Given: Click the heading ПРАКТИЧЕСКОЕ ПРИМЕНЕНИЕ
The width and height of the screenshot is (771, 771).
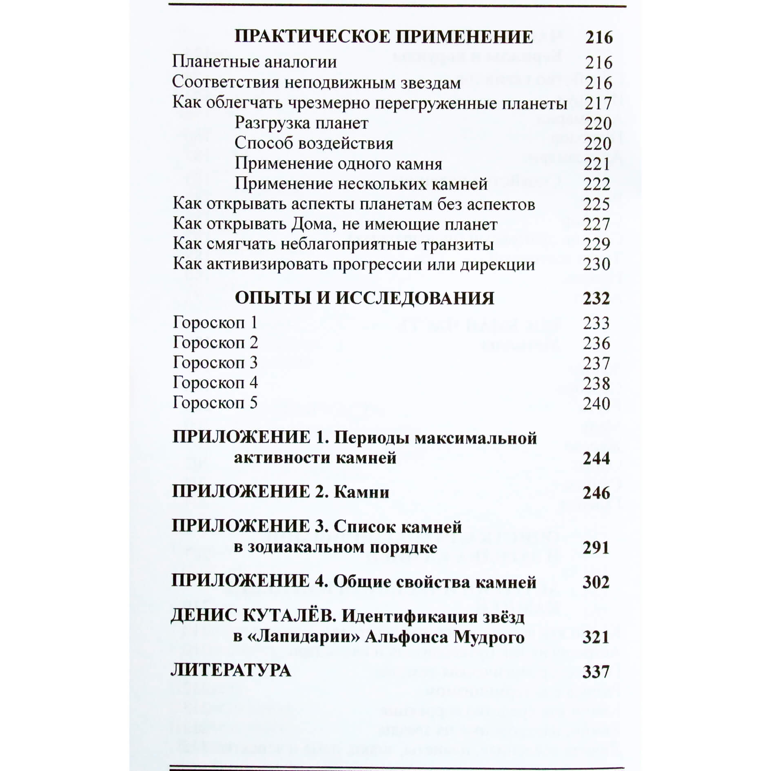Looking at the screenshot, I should [x=383, y=37].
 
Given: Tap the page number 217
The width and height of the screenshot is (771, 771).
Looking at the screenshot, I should [x=598, y=103].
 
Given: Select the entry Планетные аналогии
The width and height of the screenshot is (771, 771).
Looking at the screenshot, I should [x=254, y=62].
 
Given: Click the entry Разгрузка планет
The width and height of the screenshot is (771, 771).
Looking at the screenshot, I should [x=301, y=123].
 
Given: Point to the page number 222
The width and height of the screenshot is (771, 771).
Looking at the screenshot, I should [x=597, y=184].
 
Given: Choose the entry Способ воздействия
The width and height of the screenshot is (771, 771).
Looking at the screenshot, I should [x=314, y=144].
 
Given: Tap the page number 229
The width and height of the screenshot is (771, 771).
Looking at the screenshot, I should [x=596, y=244].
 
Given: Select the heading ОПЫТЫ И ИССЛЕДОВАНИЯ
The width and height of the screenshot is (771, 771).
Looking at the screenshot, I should [x=364, y=299].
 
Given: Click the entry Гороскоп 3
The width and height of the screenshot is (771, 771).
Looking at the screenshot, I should [x=215, y=363].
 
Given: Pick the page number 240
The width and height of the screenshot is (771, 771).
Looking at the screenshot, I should [x=596, y=403].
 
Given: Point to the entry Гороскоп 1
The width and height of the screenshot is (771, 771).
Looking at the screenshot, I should [x=215, y=323].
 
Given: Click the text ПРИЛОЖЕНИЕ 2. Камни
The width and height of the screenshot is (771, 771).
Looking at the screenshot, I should [x=281, y=492].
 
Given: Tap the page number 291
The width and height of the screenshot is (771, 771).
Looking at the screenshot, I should [x=596, y=547].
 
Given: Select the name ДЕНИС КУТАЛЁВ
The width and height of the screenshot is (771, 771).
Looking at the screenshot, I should [x=253, y=616].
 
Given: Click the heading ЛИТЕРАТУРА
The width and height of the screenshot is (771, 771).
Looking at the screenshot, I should [x=231, y=671].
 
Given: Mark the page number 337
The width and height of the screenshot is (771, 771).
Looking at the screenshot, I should [x=596, y=671].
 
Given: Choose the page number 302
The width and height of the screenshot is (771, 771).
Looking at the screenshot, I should [x=596, y=582].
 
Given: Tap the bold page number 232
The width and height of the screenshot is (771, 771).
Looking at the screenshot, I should [x=596, y=299].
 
